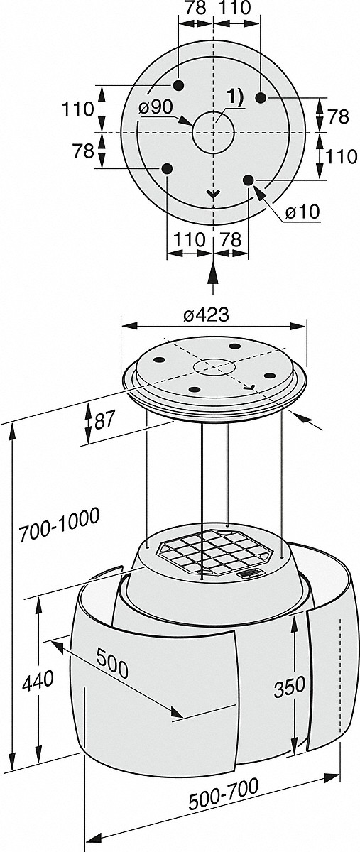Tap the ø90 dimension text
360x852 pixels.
click(x=155, y=108)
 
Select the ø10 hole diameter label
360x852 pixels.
click(x=302, y=212)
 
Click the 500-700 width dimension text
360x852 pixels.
click(x=224, y=785)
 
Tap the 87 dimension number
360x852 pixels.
click(x=104, y=421)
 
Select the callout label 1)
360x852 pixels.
click(x=236, y=98)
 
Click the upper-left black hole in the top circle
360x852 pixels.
click(x=178, y=84)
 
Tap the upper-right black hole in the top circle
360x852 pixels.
click(x=261, y=98)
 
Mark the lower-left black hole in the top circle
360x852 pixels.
click(x=168, y=168)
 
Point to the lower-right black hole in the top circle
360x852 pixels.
click(x=248, y=180)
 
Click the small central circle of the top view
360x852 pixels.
click(x=214, y=132)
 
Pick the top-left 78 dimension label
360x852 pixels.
click(x=196, y=8)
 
